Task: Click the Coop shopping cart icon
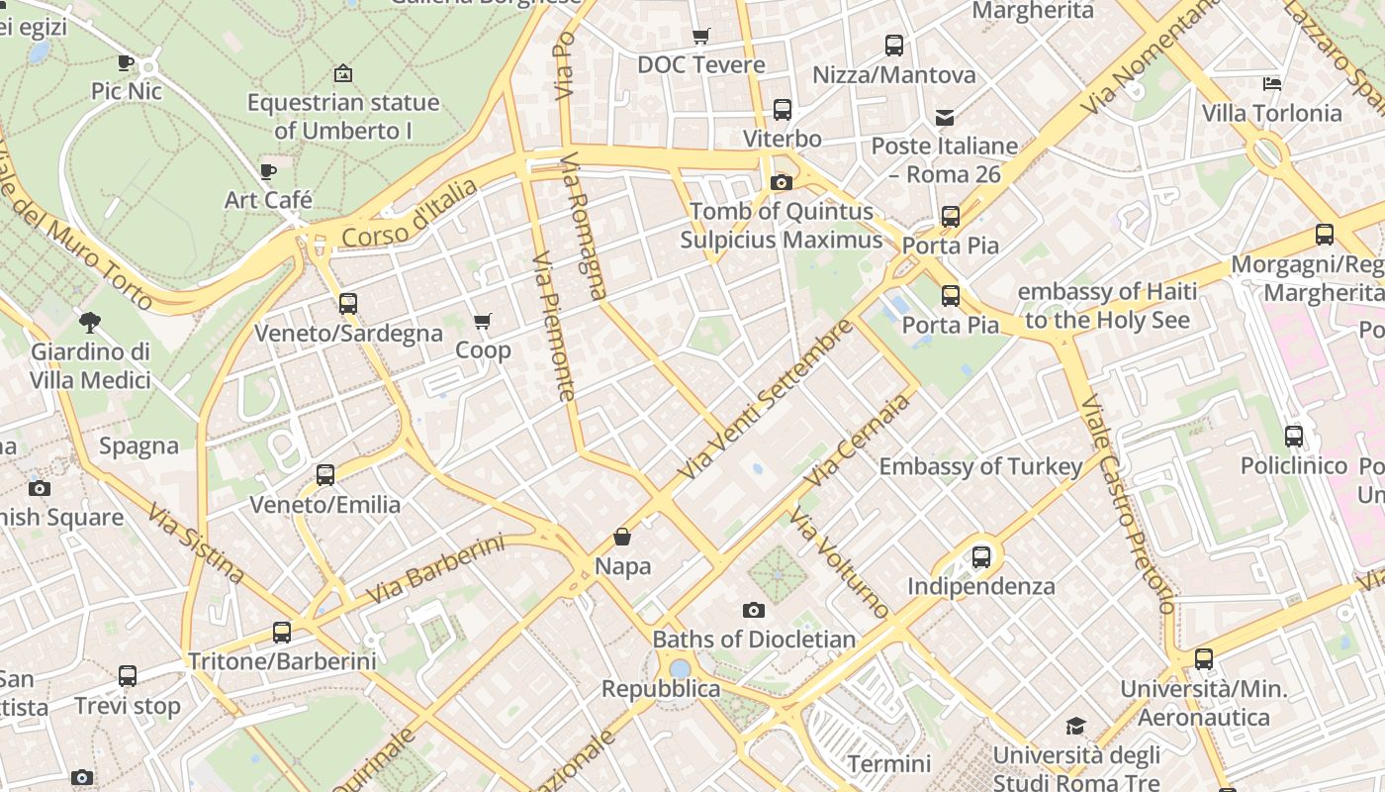click(483, 321)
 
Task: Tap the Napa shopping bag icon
click(622, 537)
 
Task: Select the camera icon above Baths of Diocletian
click(754, 610)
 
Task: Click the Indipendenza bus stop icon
click(980, 556)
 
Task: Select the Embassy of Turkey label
click(980, 466)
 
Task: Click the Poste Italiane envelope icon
click(945, 118)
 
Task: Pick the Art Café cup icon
click(267, 171)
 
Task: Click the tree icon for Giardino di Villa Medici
click(90, 322)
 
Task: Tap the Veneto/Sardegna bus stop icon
click(347, 303)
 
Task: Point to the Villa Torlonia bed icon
click(1272, 84)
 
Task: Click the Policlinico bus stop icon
click(1293, 436)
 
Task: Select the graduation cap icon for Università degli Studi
click(1075, 727)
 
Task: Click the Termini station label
click(889, 764)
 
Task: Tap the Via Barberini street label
click(435, 570)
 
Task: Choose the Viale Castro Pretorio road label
click(1127, 505)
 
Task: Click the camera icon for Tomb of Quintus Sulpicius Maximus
click(781, 182)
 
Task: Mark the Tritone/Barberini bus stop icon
click(282, 632)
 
